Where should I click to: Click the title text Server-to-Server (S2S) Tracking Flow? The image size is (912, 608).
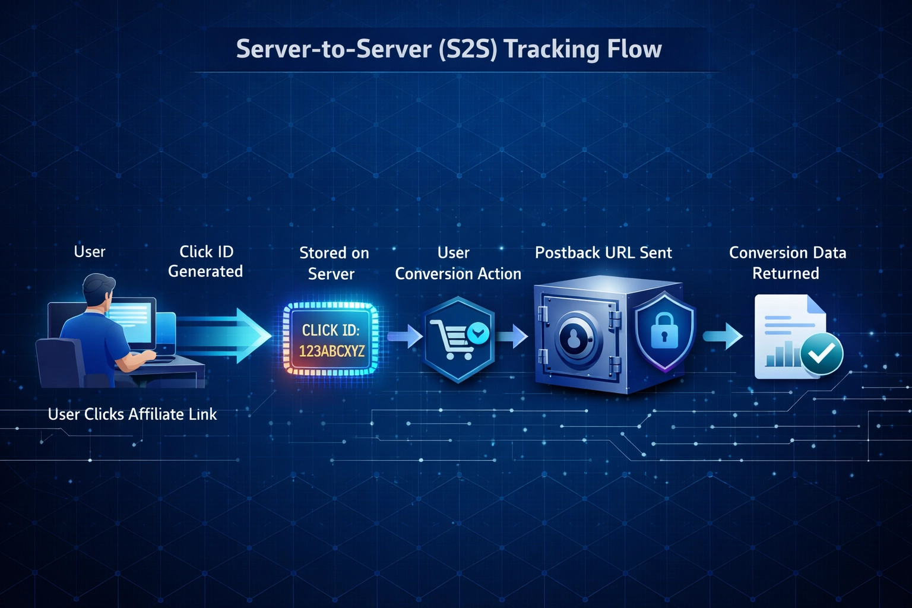point(449,49)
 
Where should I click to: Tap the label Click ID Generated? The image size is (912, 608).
point(205,261)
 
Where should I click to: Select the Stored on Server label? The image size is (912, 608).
point(333,263)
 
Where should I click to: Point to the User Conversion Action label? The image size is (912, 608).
point(457,263)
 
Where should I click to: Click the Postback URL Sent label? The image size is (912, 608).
point(603,253)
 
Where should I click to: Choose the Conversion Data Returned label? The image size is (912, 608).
point(787,263)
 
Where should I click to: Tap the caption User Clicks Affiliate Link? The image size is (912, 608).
point(132,414)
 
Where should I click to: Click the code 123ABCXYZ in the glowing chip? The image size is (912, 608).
point(331,351)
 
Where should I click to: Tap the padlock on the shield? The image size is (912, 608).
point(664,330)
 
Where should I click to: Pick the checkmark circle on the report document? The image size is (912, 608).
point(821,354)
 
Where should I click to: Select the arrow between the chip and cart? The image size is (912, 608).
point(405,336)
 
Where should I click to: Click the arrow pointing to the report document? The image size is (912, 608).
point(723,336)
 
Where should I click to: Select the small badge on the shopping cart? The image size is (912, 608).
point(478,333)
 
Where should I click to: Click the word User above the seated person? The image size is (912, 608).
point(90,252)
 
